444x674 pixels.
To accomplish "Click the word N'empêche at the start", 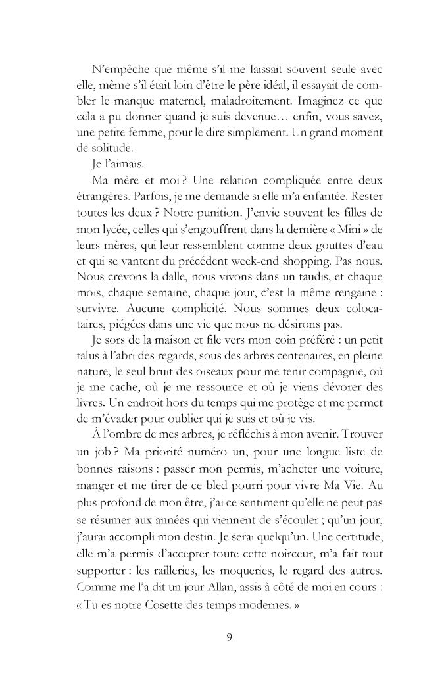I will (117, 68).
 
